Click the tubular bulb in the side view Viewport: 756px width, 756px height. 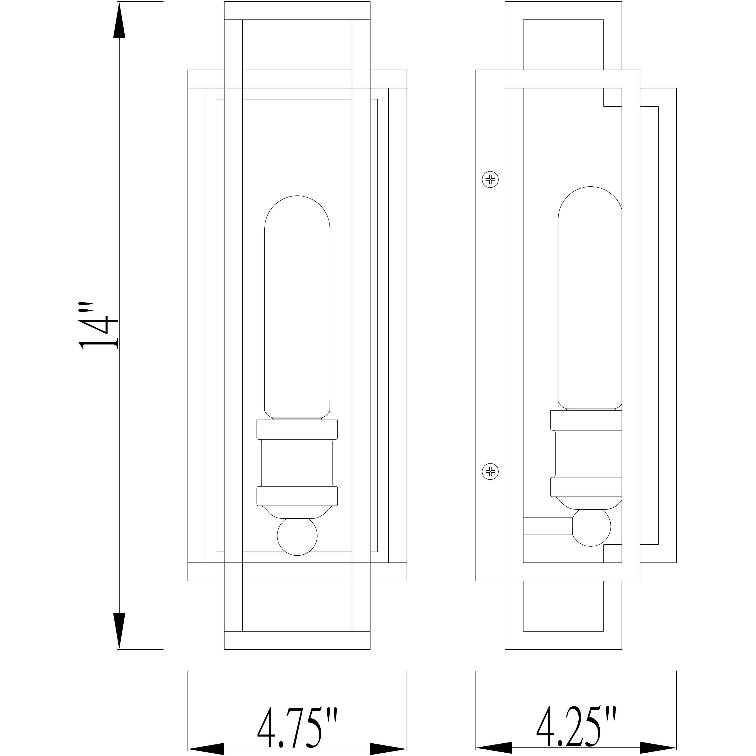coord(589,297)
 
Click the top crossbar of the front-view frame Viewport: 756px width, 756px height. coord(297,10)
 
